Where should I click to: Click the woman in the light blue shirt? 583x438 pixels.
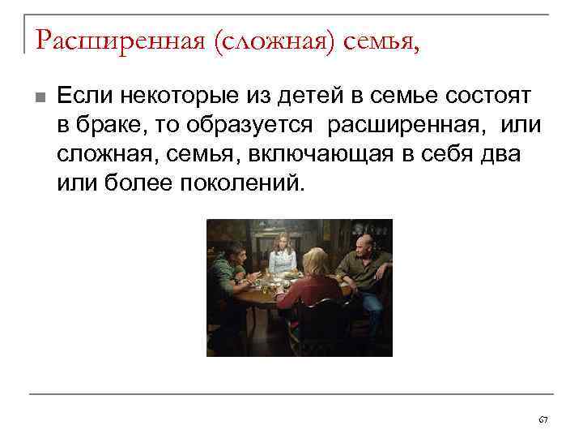[x=283, y=258]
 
